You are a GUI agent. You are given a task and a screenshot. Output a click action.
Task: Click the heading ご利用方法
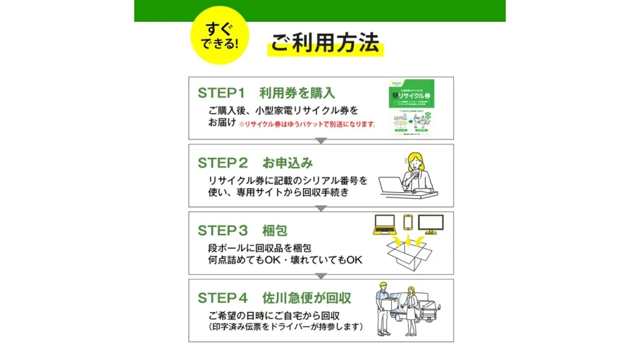point(324,42)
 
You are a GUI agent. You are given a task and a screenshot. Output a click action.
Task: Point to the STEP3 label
point(222,230)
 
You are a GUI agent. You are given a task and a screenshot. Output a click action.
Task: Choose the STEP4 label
point(222,297)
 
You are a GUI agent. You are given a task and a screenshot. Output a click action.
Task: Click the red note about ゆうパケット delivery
point(307,124)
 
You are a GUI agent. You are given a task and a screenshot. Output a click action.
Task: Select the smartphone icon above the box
point(408,223)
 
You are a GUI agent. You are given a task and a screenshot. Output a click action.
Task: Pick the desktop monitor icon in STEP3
point(431,224)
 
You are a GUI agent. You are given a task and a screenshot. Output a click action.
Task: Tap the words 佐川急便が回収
point(301,297)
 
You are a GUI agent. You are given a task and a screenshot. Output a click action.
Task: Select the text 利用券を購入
point(297,93)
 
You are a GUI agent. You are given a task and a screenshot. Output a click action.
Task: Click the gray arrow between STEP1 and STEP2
point(321,141)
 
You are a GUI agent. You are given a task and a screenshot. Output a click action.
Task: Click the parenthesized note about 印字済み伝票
point(286,326)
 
